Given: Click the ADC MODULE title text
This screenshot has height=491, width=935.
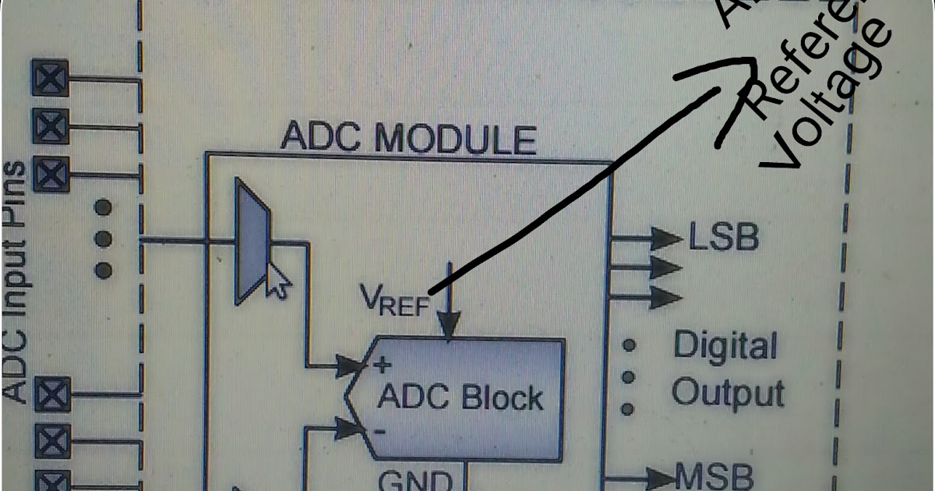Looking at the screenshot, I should [408, 138].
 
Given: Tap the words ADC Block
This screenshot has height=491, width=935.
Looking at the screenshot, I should [460, 398].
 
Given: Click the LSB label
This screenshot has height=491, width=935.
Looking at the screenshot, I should [723, 238].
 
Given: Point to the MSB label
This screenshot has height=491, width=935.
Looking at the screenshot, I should [714, 475].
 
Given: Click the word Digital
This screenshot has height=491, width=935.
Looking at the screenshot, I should [725, 346].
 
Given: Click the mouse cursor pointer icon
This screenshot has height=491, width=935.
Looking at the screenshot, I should [276, 281].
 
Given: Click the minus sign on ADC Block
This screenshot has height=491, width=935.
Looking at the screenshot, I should [380, 429].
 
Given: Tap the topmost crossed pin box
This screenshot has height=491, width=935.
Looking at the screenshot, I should [51, 77].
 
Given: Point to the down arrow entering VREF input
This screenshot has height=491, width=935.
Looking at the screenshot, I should [448, 320].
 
